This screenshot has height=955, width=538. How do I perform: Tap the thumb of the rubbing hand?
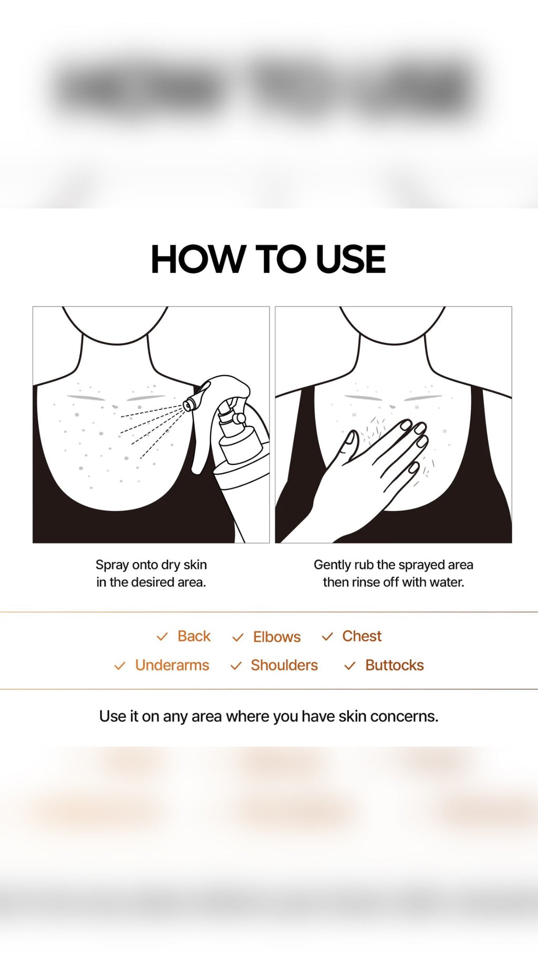click(x=349, y=443)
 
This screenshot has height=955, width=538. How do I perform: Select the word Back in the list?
click(x=194, y=636)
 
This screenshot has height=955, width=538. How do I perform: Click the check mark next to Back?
click(x=162, y=636)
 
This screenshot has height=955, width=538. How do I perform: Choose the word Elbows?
click(x=277, y=637)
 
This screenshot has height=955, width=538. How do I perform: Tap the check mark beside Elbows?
click(x=237, y=638)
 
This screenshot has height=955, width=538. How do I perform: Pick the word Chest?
click(x=361, y=636)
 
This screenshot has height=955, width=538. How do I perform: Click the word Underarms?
click(x=172, y=665)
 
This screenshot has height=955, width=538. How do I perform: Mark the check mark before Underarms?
click(x=120, y=666)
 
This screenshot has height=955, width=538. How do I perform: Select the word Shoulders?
click(x=284, y=665)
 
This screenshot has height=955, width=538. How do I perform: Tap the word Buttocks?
click(x=394, y=665)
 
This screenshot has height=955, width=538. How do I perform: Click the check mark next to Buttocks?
click(x=349, y=666)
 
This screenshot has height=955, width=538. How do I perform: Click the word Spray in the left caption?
click(x=112, y=565)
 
